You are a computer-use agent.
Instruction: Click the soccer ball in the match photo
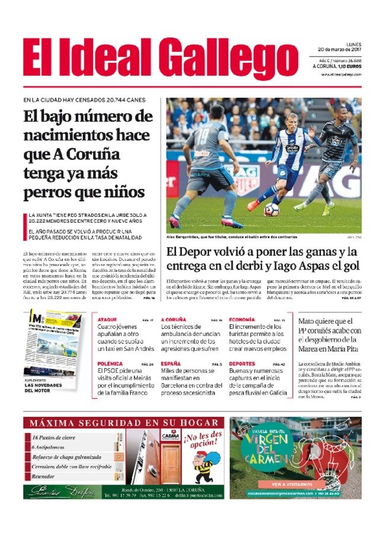(271, 209)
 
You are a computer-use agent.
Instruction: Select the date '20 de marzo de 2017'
(335, 49)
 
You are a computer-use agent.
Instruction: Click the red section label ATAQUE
(107, 320)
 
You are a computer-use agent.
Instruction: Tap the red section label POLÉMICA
(111, 364)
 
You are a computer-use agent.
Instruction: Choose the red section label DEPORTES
(242, 364)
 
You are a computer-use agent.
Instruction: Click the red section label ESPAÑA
(171, 364)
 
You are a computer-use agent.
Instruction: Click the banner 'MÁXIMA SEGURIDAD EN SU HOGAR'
(124, 423)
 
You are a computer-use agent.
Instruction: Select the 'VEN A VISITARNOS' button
(296, 484)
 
